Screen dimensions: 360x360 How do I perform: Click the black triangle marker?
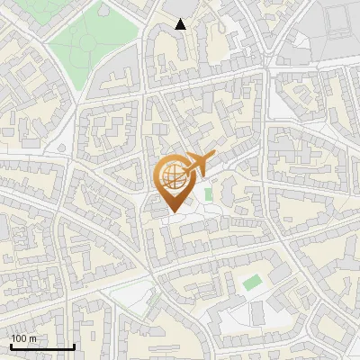(180, 24)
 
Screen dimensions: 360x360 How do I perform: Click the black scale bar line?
(42, 346)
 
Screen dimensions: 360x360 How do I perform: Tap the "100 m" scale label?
(23, 338)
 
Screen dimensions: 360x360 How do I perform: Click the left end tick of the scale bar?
(11, 345)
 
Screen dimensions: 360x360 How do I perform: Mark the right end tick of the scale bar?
(74, 345)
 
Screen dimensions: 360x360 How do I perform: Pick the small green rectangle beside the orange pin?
(209, 193)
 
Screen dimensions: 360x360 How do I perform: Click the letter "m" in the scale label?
(32, 338)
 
